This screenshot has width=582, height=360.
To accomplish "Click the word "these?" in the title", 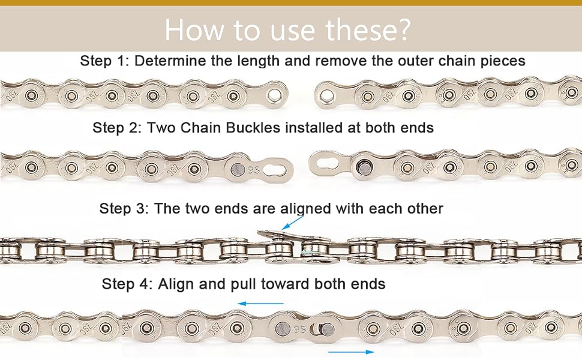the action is point(368,29).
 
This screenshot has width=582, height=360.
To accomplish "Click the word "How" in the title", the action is point(194,29).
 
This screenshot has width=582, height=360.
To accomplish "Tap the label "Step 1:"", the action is point(104,61).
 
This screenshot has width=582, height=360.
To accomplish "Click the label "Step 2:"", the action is point(117,128).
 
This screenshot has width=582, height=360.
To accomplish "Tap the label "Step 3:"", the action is point(124,208).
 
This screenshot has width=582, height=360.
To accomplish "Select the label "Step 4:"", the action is point(126,284).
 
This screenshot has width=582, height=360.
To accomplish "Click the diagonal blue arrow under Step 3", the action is point(293,223).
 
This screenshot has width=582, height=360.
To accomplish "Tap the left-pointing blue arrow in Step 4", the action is point(260,304).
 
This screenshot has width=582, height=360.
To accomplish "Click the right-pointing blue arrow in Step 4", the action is point(351,352).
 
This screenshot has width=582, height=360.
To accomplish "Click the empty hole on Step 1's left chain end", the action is point(275,95).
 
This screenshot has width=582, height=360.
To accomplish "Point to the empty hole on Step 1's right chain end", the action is point(326,96).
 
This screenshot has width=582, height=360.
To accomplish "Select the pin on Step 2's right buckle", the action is point(364,167).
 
